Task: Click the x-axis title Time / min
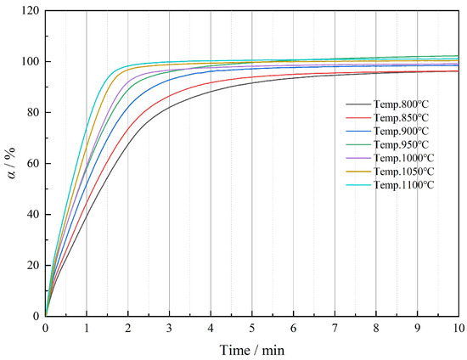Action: coord(251,348)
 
